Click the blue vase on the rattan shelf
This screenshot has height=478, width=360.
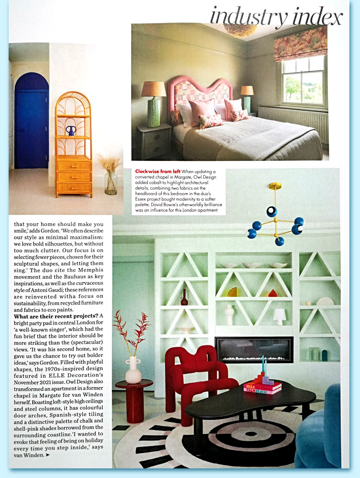tap(71, 131)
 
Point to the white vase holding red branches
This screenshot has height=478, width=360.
tap(132, 370)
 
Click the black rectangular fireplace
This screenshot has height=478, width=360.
tap(254, 349)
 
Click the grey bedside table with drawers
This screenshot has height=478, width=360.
tap(155, 141)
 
